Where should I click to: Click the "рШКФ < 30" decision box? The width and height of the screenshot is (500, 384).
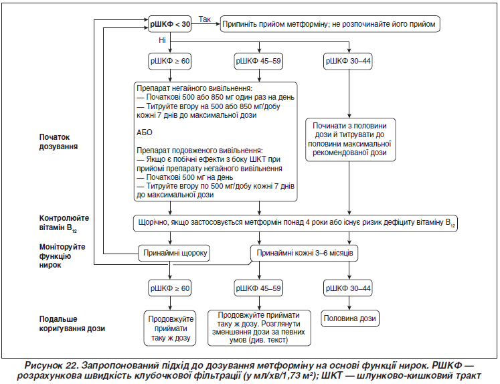click(169, 24)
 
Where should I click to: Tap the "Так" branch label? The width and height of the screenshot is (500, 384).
click(204, 19)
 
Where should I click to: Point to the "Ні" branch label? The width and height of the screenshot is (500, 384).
click(162, 40)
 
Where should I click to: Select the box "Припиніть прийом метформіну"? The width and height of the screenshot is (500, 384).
click(330, 24)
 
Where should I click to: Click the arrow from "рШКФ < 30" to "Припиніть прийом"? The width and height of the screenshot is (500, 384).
click(205, 24)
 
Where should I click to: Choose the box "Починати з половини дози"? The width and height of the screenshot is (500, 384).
click(350, 140)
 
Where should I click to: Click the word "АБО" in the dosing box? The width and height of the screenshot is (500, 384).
click(145, 132)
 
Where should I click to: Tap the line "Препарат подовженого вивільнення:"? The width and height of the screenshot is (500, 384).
click(199, 151)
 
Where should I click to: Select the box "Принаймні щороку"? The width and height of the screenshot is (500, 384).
click(174, 253)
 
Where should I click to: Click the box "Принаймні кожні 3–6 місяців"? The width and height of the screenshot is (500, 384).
click(304, 253)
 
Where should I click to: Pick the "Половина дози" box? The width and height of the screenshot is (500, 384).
click(350, 318)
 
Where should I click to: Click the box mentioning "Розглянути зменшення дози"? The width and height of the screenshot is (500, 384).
click(259, 328)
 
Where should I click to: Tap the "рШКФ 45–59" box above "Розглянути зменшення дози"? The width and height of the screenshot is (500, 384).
click(258, 288)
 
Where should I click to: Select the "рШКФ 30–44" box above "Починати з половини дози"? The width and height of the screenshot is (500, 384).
click(348, 61)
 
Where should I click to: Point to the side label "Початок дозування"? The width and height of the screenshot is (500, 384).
click(58, 142)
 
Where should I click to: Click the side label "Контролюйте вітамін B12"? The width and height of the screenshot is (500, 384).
click(64, 223)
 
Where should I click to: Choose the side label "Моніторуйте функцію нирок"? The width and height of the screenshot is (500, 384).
click(62, 256)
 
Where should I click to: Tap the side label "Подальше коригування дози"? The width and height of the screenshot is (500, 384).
click(72, 324)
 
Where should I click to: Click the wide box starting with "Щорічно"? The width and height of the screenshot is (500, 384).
click(295, 223)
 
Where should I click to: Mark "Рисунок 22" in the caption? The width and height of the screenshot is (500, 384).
click(52, 365)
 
